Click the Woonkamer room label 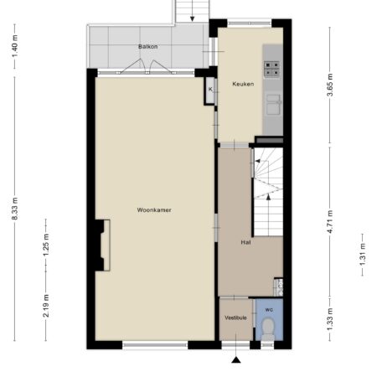(x=154, y=210)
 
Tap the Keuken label (x=243, y=84)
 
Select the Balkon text (x=148, y=47)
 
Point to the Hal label (x=245, y=242)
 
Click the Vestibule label (x=235, y=318)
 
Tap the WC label (x=269, y=310)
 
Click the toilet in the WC (x=268, y=329)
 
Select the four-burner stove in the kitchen (x=271, y=69)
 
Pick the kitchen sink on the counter (x=273, y=105)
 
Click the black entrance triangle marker (x=236, y=360)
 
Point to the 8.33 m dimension (x=15, y=209)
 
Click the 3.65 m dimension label (x=330, y=85)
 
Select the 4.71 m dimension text (x=330, y=221)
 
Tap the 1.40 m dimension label (x=15, y=46)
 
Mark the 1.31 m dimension (x=363, y=255)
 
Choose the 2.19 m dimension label (x=46, y=306)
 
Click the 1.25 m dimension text (x=46, y=245)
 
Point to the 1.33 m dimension (x=330, y=319)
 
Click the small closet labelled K (x=210, y=90)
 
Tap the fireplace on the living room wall (x=102, y=245)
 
